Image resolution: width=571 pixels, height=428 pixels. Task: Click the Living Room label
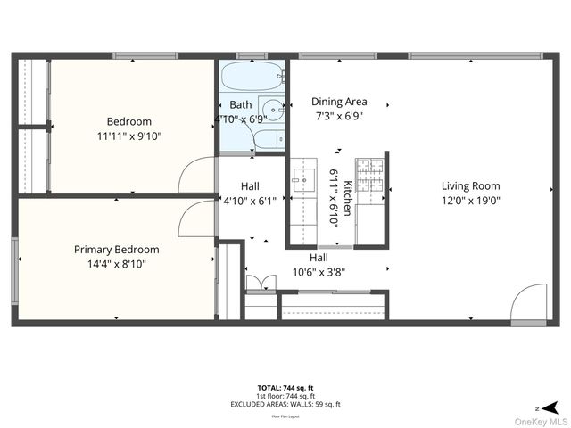[x=470, y=186]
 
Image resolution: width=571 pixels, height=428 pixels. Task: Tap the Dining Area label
[x=339, y=102]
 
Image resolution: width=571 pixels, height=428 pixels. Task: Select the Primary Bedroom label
[x=116, y=250]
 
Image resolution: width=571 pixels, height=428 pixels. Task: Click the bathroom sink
[x=271, y=111]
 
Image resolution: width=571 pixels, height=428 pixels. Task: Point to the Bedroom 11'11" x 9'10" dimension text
[x=128, y=136]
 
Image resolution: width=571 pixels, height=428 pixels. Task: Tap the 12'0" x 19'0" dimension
[x=470, y=201]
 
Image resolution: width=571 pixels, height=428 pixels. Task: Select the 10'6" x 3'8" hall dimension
[x=319, y=272]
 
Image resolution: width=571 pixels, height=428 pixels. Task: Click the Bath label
[x=240, y=104]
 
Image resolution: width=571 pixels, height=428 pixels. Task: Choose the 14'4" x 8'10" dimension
[x=116, y=264]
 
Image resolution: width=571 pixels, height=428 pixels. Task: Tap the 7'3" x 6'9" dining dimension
[x=339, y=116]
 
